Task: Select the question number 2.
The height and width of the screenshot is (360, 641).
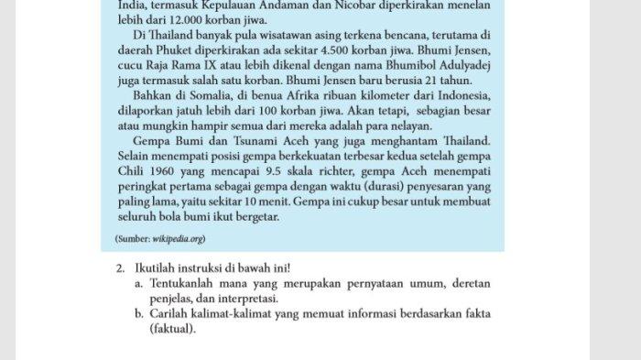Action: click(x=120, y=268)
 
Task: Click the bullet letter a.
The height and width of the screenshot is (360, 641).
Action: click(x=138, y=283)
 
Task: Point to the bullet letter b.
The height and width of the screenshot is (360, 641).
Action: click(x=138, y=313)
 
